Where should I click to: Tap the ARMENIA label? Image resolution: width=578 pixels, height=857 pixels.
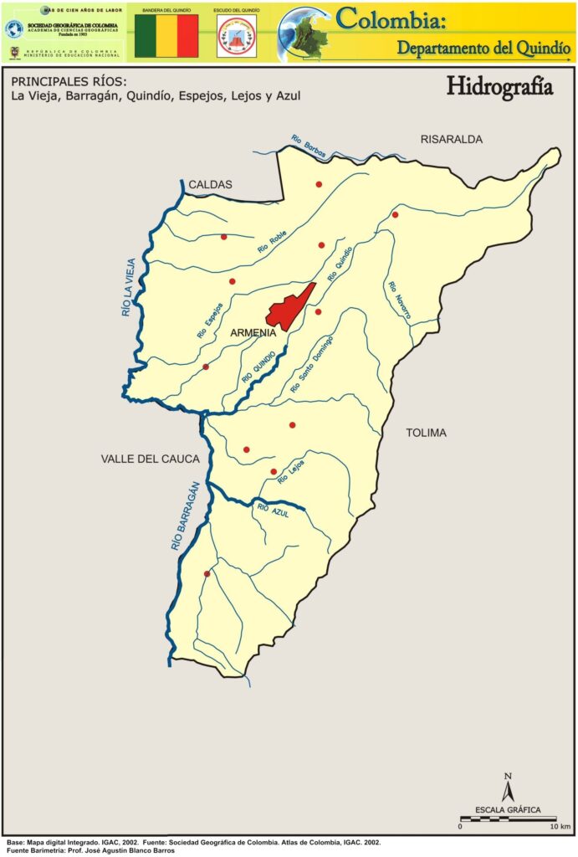253,332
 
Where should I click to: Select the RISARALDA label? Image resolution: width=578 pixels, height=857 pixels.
452,139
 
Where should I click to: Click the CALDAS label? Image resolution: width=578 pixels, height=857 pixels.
210,184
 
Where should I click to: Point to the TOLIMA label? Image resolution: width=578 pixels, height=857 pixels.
426,433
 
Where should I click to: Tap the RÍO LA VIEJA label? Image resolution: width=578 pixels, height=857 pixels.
127,285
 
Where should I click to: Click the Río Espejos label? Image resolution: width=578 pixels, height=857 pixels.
210,321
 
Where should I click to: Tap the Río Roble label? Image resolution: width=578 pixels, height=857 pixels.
273,243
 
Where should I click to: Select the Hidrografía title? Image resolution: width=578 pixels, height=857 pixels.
499,86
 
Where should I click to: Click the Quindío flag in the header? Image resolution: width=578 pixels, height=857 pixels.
166,36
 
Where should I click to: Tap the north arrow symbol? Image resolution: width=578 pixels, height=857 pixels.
507,787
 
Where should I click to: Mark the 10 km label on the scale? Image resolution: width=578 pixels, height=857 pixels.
560,826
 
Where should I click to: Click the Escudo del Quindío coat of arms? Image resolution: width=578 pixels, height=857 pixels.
236,38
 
